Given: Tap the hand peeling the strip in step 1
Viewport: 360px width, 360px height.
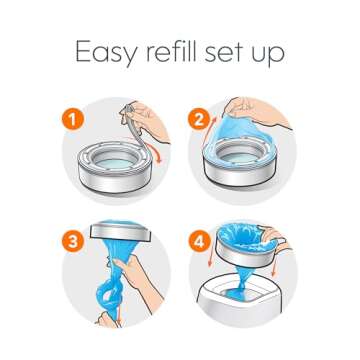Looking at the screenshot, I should click(x=150, y=120).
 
